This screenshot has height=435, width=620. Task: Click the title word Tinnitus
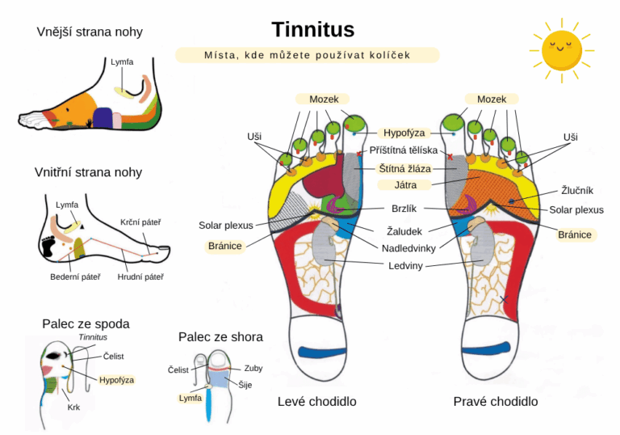(x=312, y=30)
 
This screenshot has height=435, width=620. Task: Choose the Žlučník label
(x=577, y=191)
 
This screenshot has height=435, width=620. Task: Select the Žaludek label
(x=404, y=231)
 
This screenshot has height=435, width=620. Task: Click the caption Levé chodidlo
(x=316, y=401)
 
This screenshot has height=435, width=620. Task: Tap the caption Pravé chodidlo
(x=495, y=401)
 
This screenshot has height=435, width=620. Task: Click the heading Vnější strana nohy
(x=90, y=32)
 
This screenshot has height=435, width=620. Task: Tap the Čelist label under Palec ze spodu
(x=114, y=357)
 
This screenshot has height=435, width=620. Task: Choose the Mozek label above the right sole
(x=491, y=99)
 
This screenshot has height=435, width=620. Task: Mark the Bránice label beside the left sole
(x=224, y=246)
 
